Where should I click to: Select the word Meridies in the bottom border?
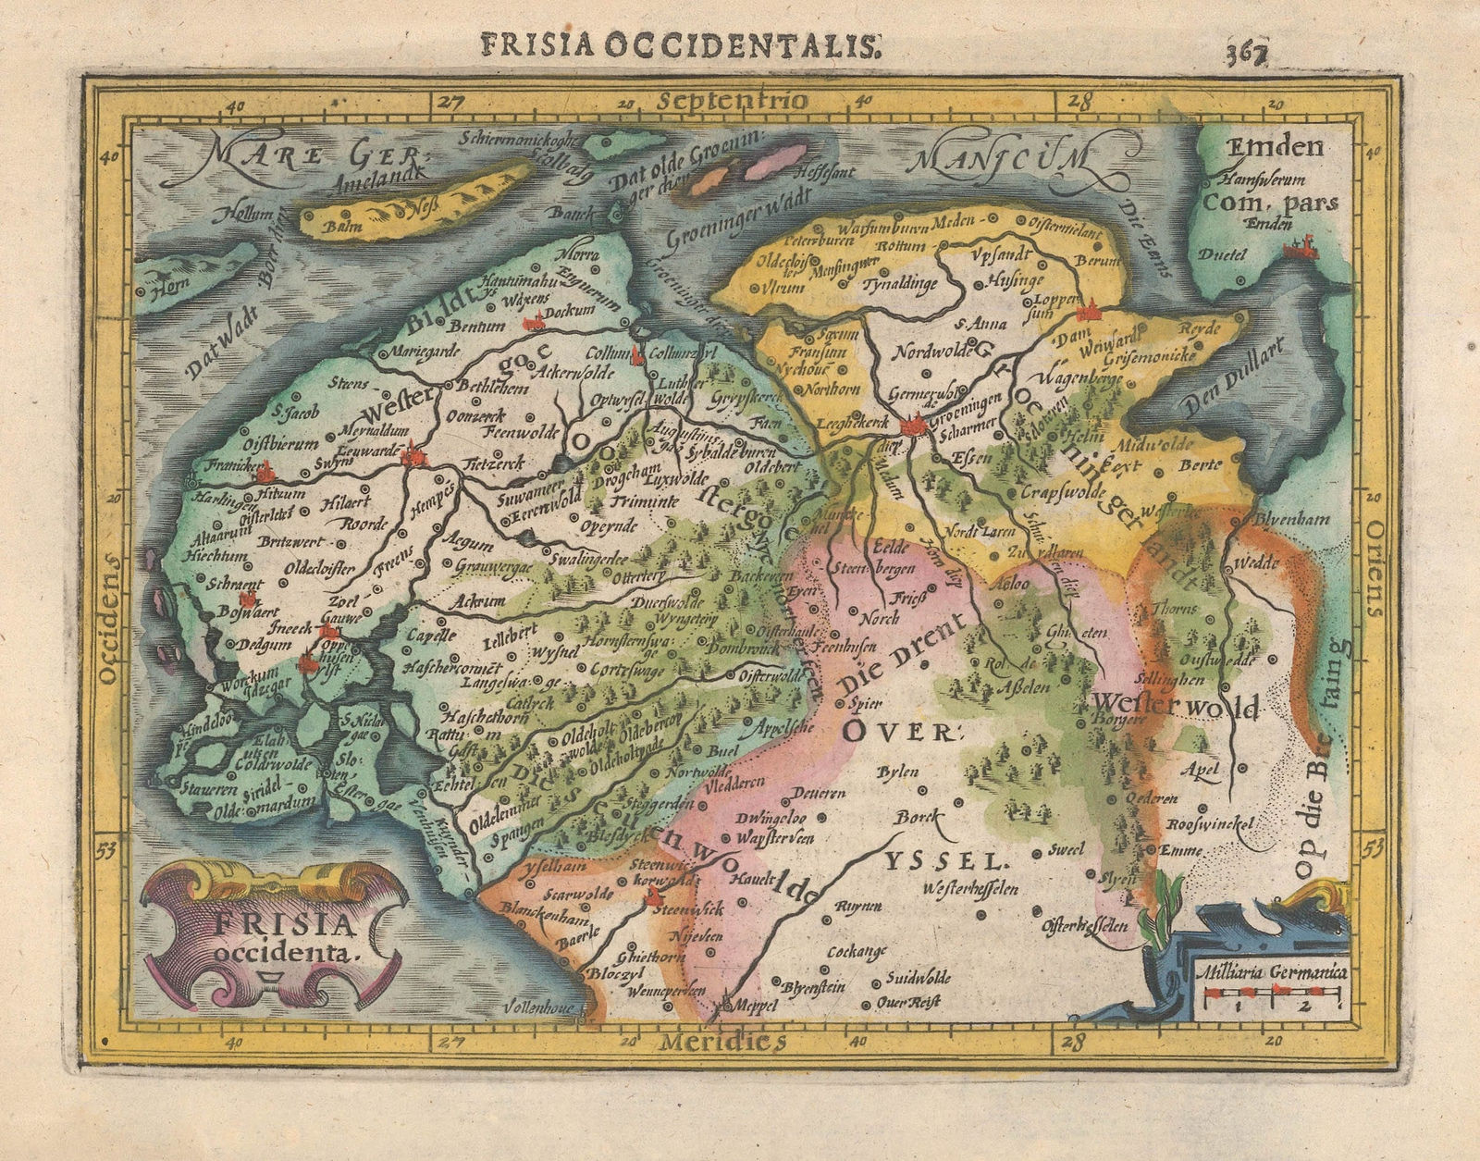722,1043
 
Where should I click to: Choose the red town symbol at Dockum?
532,323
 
